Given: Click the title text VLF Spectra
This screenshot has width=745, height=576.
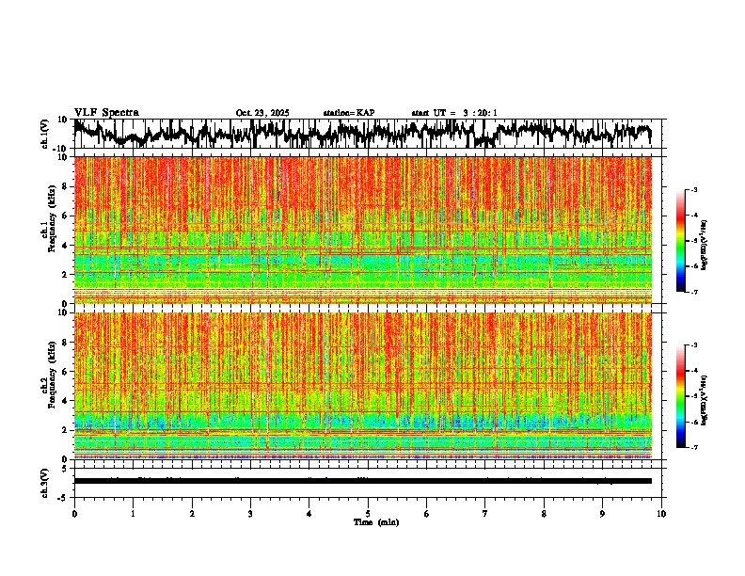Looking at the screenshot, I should point(106,112).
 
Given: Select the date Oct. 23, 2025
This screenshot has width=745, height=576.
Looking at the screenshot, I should point(262,113).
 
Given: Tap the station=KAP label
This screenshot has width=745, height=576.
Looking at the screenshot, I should point(348,113).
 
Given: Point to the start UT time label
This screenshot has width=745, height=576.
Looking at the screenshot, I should point(454,113).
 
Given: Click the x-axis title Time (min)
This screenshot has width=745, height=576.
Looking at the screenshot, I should point(375,521).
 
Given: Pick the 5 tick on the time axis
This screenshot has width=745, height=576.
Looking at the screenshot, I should point(368,513).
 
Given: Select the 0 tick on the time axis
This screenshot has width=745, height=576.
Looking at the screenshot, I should point(74,513).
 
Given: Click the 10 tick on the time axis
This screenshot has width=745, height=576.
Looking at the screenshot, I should point(661,513).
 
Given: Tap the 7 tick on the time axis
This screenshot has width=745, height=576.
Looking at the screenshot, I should point(485,513).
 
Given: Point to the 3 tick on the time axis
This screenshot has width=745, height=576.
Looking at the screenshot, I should point(250,513).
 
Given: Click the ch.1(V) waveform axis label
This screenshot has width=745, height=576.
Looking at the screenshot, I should point(44,134).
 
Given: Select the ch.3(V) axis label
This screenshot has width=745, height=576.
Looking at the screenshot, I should point(44,481).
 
